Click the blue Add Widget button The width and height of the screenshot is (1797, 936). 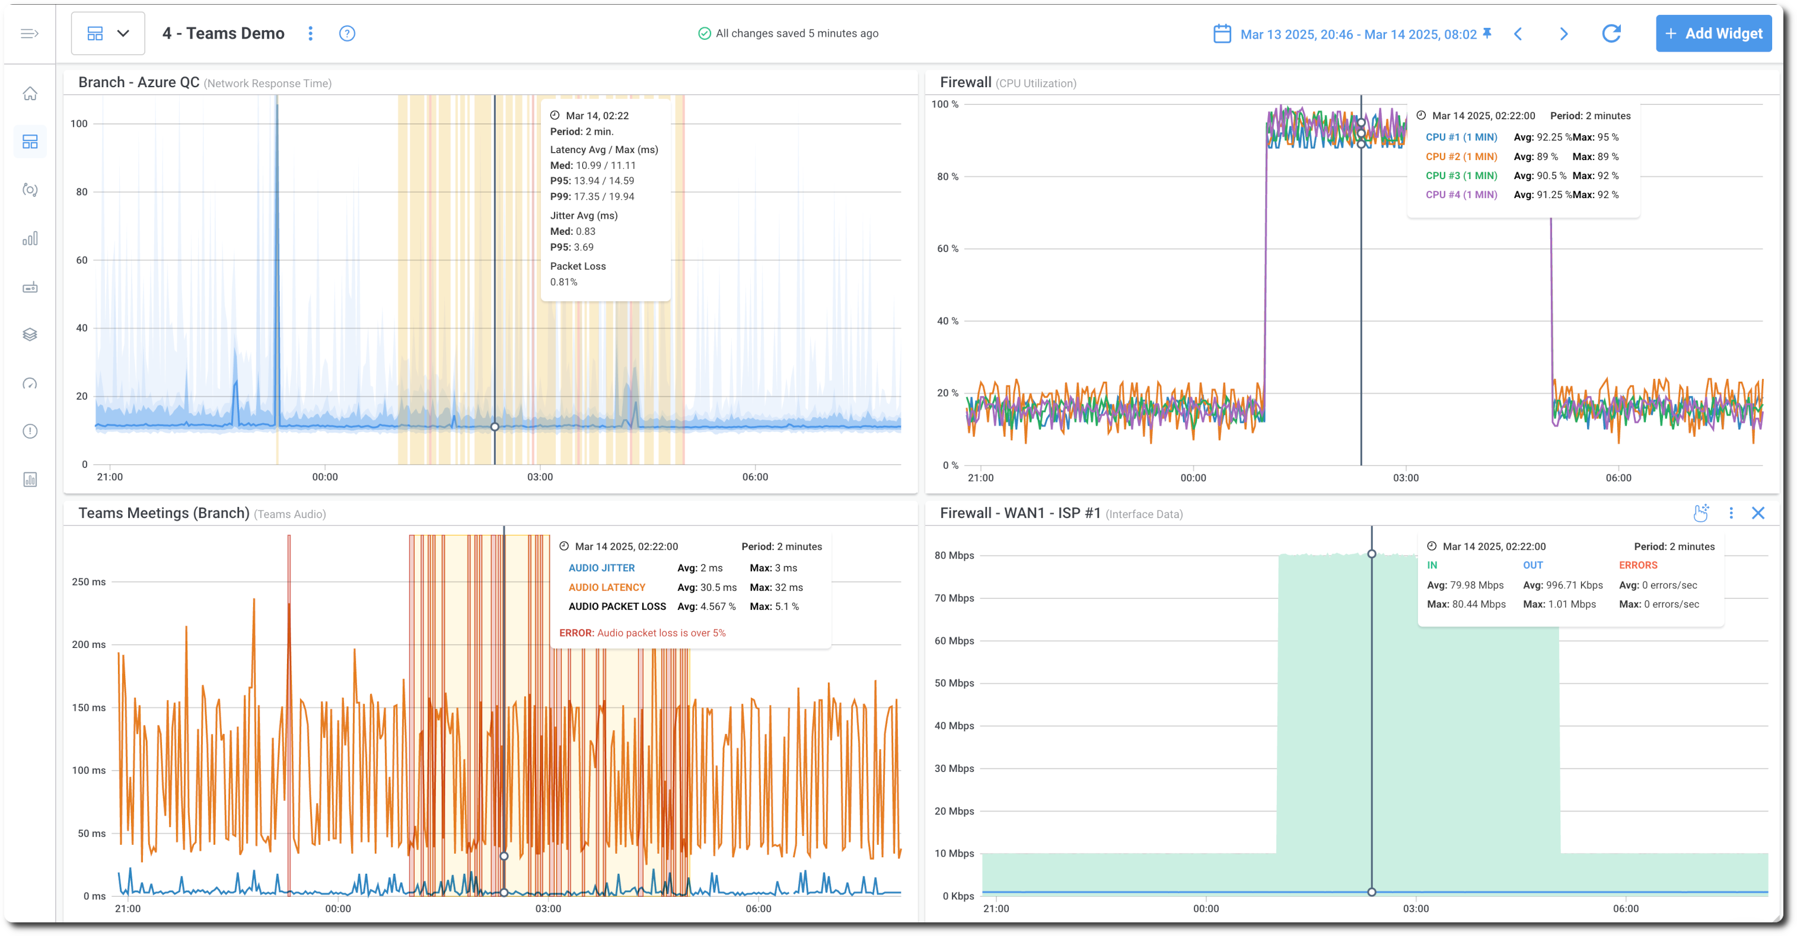[1713, 33]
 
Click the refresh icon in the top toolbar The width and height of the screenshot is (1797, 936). [1611, 33]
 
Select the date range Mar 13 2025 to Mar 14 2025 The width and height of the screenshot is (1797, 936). [1358, 34]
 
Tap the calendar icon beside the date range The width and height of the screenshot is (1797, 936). [1222, 33]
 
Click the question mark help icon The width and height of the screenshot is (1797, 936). [347, 33]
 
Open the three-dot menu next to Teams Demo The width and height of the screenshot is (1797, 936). [310, 33]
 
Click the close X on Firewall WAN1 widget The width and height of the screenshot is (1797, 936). [1757, 513]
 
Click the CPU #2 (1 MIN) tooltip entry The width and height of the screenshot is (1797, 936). [1461, 157]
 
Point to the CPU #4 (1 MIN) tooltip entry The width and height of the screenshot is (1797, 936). [1461, 195]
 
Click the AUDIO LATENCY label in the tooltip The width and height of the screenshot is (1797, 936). [606, 587]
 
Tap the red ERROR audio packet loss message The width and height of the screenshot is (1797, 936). [642, 632]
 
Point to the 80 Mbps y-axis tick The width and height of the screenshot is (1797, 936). [954, 555]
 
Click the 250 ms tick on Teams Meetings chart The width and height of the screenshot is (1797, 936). [88, 582]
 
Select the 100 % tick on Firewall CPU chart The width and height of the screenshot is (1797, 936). [945, 104]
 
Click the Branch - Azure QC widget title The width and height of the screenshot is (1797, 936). [139, 82]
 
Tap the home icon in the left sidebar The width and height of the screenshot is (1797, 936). [30, 94]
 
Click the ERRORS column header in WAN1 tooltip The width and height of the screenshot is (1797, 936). [1637, 565]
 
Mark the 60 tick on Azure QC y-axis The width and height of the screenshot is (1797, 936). [82, 260]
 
